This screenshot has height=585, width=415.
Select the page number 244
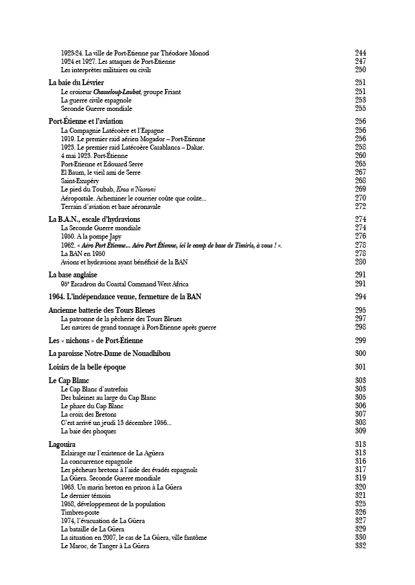tap(361, 53)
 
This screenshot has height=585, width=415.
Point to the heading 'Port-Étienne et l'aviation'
tap(86, 121)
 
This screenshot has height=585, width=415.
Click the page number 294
tap(361, 297)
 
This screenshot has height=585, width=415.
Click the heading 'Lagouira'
tap(62, 444)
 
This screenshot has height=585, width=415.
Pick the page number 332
tap(361, 546)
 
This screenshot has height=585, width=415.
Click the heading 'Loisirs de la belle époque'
tap(87, 367)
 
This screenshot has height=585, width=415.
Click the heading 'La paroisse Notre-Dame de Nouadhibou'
tap(110, 353)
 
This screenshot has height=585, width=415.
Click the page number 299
tap(361, 340)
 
